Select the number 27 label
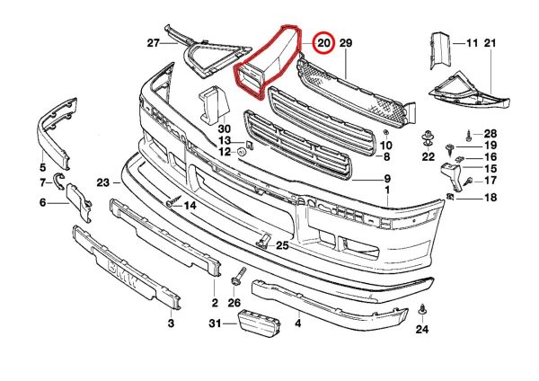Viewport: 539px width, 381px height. point(153,42)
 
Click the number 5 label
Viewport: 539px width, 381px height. point(42,166)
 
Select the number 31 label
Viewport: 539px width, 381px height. point(214,323)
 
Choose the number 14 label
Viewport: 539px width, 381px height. point(190,206)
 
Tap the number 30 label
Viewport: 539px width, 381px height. point(224,128)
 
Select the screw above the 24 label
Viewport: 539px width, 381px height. point(423,311)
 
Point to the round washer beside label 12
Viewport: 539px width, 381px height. point(242,152)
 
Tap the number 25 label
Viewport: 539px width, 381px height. point(282,245)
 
